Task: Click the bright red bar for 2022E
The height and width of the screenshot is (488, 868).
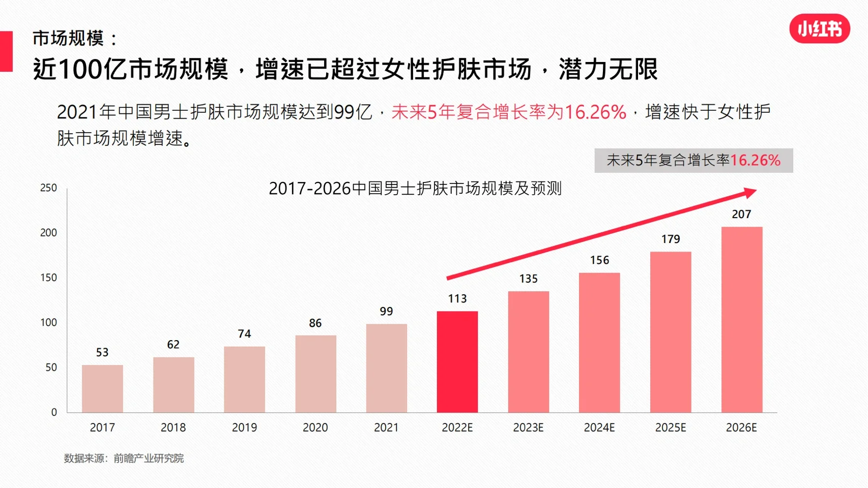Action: pyautogui.click(x=457, y=361)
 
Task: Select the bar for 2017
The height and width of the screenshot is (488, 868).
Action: pyautogui.click(x=102, y=388)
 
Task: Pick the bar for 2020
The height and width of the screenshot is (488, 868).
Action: pyautogui.click(x=315, y=374)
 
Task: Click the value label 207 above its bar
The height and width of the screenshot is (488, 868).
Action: pyautogui.click(x=741, y=215)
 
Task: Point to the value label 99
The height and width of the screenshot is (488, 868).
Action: pyautogui.click(x=386, y=311)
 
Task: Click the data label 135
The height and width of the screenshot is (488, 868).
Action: pyautogui.click(x=528, y=279)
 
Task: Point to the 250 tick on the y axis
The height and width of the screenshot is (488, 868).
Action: pyautogui.click(x=49, y=188)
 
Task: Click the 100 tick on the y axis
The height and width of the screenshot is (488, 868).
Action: pyautogui.click(x=49, y=322)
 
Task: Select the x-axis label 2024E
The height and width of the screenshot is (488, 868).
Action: pyautogui.click(x=599, y=428)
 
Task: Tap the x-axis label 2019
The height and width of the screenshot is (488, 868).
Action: pyautogui.click(x=244, y=428)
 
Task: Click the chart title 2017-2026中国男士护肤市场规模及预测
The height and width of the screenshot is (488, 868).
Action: pyautogui.click(x=415, y=189)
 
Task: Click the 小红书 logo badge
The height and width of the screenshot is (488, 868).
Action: pyautogui.click(x=819, y=29)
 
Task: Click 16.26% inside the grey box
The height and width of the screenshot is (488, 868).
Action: pyautogui.click(x=755, y=161)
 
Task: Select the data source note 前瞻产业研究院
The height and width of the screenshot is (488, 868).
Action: pyautogui.click(x=148, y=459)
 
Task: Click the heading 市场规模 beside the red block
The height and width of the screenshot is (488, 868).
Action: pyautogui.click(x=68, y=38)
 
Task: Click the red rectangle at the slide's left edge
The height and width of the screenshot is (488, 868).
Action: pyautogui.click(x=6, y=51)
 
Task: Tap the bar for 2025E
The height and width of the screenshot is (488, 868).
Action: pyautogui.click(x=670, y=332)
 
